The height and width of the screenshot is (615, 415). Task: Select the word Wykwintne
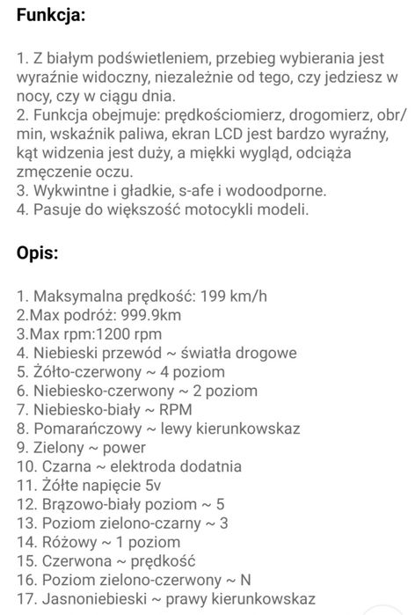[66, 190]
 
